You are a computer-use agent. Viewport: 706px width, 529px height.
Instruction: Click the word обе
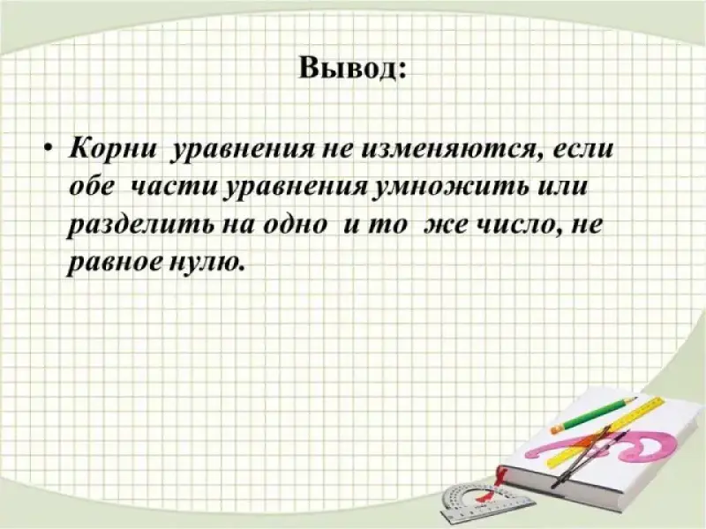(93, 186)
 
